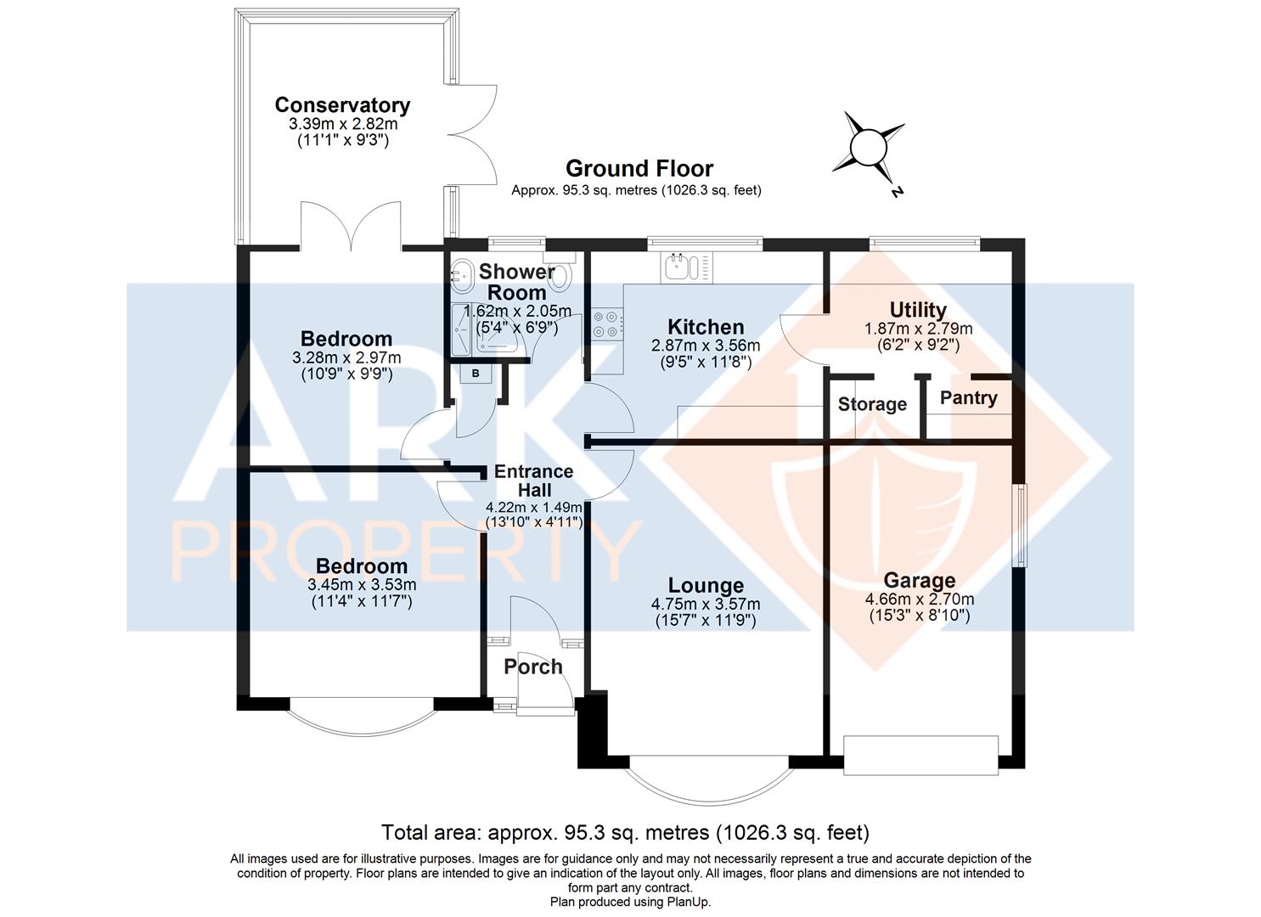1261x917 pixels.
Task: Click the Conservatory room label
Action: tap(342, 105)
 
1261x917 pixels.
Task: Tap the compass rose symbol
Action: tap(869, 149)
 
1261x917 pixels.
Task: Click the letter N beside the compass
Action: tap(898, 192)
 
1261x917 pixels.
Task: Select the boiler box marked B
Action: tap(476, 374)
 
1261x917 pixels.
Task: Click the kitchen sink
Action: tap(681, 267)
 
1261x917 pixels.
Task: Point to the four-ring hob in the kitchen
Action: tap(607, 325)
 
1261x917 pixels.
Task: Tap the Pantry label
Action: tap(968, 398)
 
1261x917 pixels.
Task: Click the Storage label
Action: tap(872, 404)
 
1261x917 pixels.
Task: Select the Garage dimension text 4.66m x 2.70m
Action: tap(920, 599)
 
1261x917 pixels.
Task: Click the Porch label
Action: tap(533, 667)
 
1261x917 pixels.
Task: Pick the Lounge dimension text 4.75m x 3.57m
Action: tap(706, 604)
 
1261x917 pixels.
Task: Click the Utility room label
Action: tap(918, 310)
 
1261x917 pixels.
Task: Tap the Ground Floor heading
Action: tap(639, 168)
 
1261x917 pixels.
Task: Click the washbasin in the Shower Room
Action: tap(462, 276)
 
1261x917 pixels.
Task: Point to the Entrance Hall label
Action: tap(533, 481)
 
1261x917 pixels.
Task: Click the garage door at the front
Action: tap(920, 755)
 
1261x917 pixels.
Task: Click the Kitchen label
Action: tap(706, 327)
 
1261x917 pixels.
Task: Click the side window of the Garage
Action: tap(1020, 526)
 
